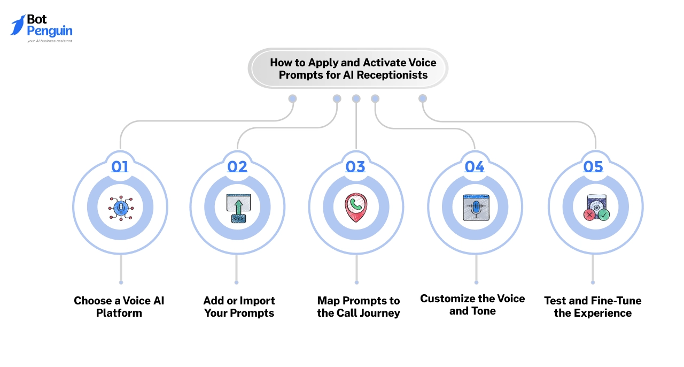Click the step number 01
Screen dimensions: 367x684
(120, 166)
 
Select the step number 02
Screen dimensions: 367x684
(237, 166)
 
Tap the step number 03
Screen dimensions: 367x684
(355, 166)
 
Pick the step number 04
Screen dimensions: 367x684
(474, 166)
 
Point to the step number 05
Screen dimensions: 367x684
(593, 166)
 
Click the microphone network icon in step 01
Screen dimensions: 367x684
(120, 208)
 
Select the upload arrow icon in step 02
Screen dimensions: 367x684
(238, 208)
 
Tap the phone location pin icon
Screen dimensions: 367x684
(355, 208)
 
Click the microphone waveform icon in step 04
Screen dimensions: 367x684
(475, 208)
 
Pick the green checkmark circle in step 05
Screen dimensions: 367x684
(604, 214)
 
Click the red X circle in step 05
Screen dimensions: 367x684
(589, 214)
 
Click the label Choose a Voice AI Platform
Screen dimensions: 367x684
(119, 307)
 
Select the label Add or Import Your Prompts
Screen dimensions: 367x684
(239, 307)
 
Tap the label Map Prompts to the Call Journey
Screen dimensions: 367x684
(358, 307)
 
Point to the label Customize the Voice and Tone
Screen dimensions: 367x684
(472, 304)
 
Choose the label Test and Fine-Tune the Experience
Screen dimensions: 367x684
(593, 307)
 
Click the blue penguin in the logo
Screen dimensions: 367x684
(18, 25)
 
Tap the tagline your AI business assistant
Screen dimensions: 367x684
(49, 41)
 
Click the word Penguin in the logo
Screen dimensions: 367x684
(49, 31)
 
